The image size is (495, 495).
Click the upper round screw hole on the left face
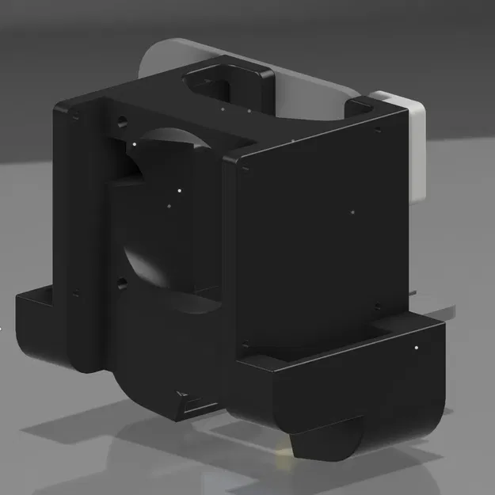tap(121, 124)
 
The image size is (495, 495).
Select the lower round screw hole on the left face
tap(121, 282)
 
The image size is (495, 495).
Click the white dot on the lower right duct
tap(416, 347)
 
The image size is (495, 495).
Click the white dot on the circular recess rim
tap(135, 144)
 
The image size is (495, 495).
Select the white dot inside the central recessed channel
tap(180, 190)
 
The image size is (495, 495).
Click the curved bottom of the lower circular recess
tap(158, 281)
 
